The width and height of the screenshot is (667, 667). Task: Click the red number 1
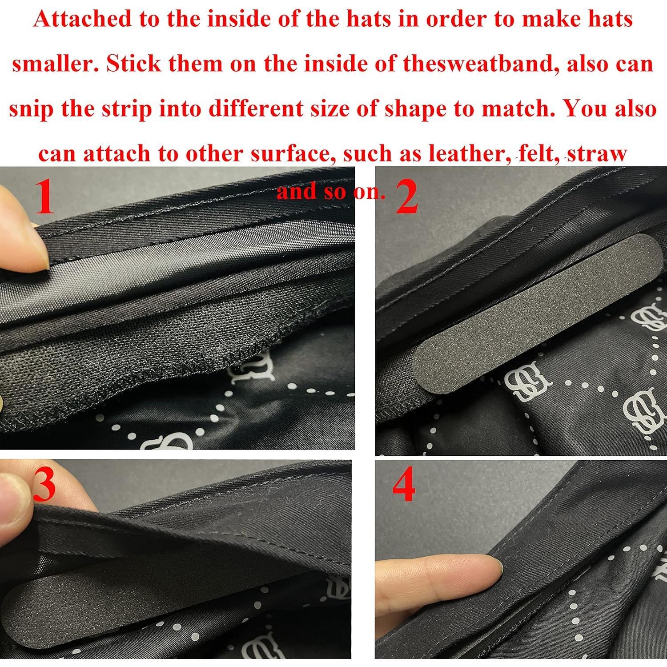(x=44, y=197)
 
